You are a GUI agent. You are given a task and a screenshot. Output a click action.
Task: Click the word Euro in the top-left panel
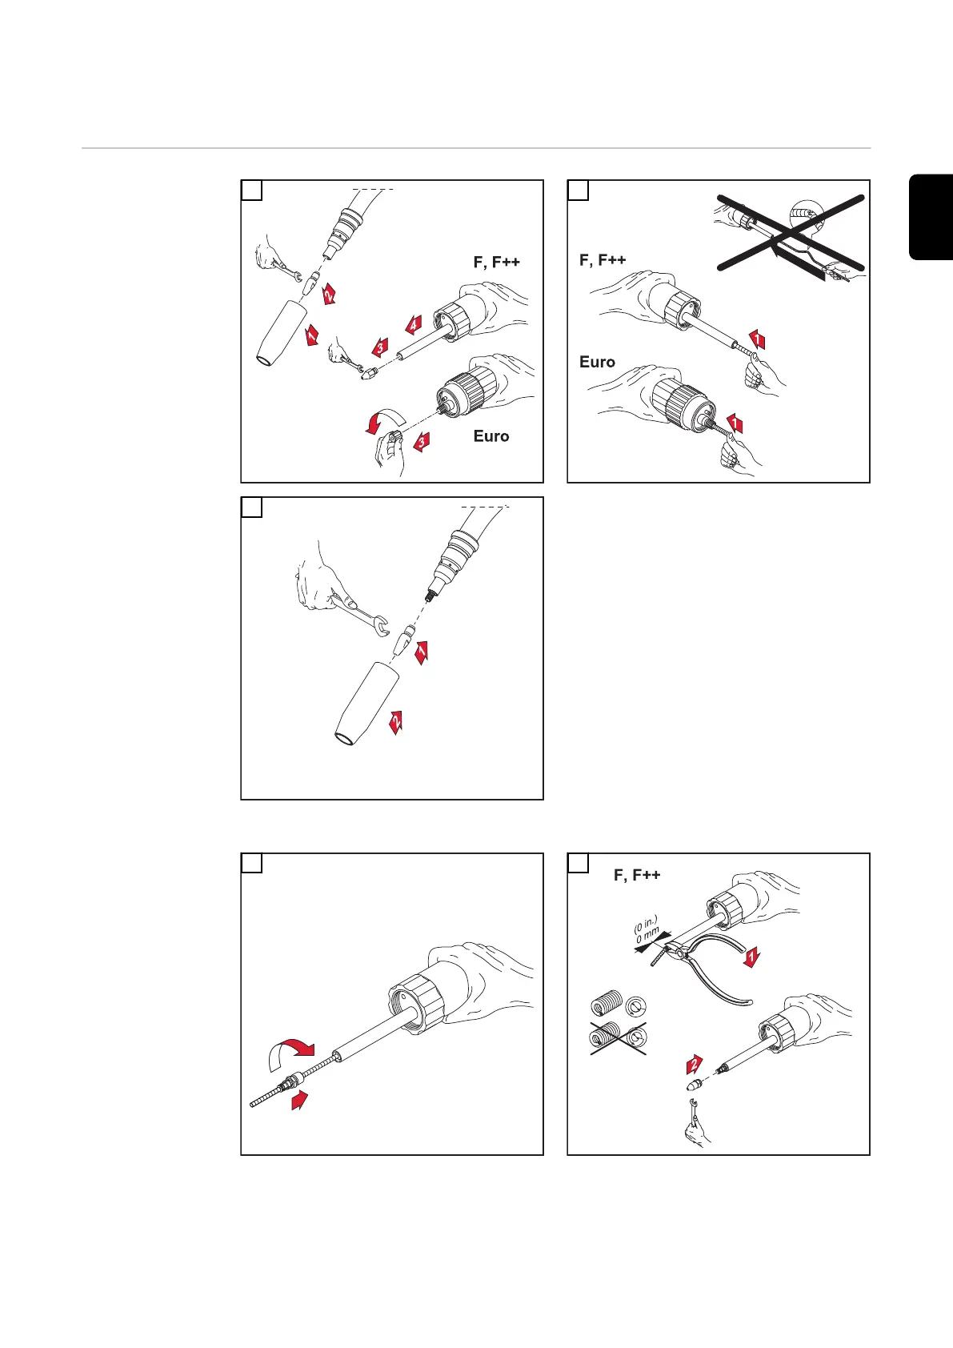coord(491,436)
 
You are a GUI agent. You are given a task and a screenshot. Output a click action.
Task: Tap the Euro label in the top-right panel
coord(597,363)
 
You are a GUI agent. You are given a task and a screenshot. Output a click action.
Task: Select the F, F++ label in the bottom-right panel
coord(637,875)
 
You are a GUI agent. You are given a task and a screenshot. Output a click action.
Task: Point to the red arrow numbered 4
coord(412,324)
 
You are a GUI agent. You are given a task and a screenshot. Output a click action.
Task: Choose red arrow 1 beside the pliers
coord(751,957)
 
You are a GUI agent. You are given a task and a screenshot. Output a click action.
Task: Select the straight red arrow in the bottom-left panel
coord(300,1101)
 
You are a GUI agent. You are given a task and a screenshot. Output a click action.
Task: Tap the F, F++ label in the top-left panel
coord(496,263)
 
